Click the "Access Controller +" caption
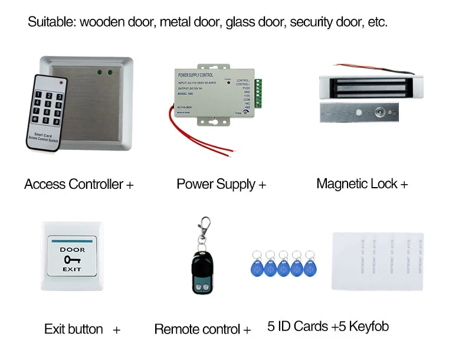[x=79, y=184]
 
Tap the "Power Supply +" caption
[x=221, y=184]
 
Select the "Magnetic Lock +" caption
[x=362, y=184]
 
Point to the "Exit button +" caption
[x=82, y=329]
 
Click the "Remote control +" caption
[x=202, y=329]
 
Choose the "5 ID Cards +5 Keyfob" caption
[x=328, y=326]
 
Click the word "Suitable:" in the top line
[x=52, y=23]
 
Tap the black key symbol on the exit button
[x=72, y=259]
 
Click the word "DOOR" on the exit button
[x=73, y=250]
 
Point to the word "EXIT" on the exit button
[x=73, y=269]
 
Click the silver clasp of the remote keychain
[x=205, y=227]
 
